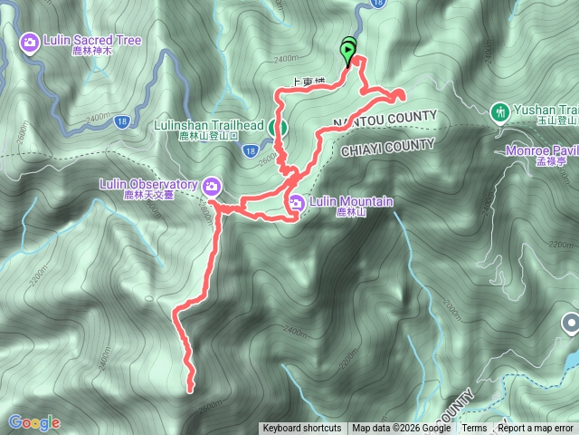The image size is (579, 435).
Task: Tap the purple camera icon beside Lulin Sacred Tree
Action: tap(30, 42)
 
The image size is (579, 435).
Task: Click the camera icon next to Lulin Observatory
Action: tap(211, 186)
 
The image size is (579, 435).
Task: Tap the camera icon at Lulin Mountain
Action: tap(297, 201)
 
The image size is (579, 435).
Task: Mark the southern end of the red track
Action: tap(191, 390)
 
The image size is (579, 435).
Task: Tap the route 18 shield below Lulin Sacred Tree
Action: tap(124, 120)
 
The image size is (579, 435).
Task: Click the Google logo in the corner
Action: tap(33, 422)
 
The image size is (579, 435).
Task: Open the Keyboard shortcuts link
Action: tap(301, 429)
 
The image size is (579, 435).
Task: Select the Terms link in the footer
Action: tap(474, 429)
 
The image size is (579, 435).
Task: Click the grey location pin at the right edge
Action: tap(570, 323)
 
